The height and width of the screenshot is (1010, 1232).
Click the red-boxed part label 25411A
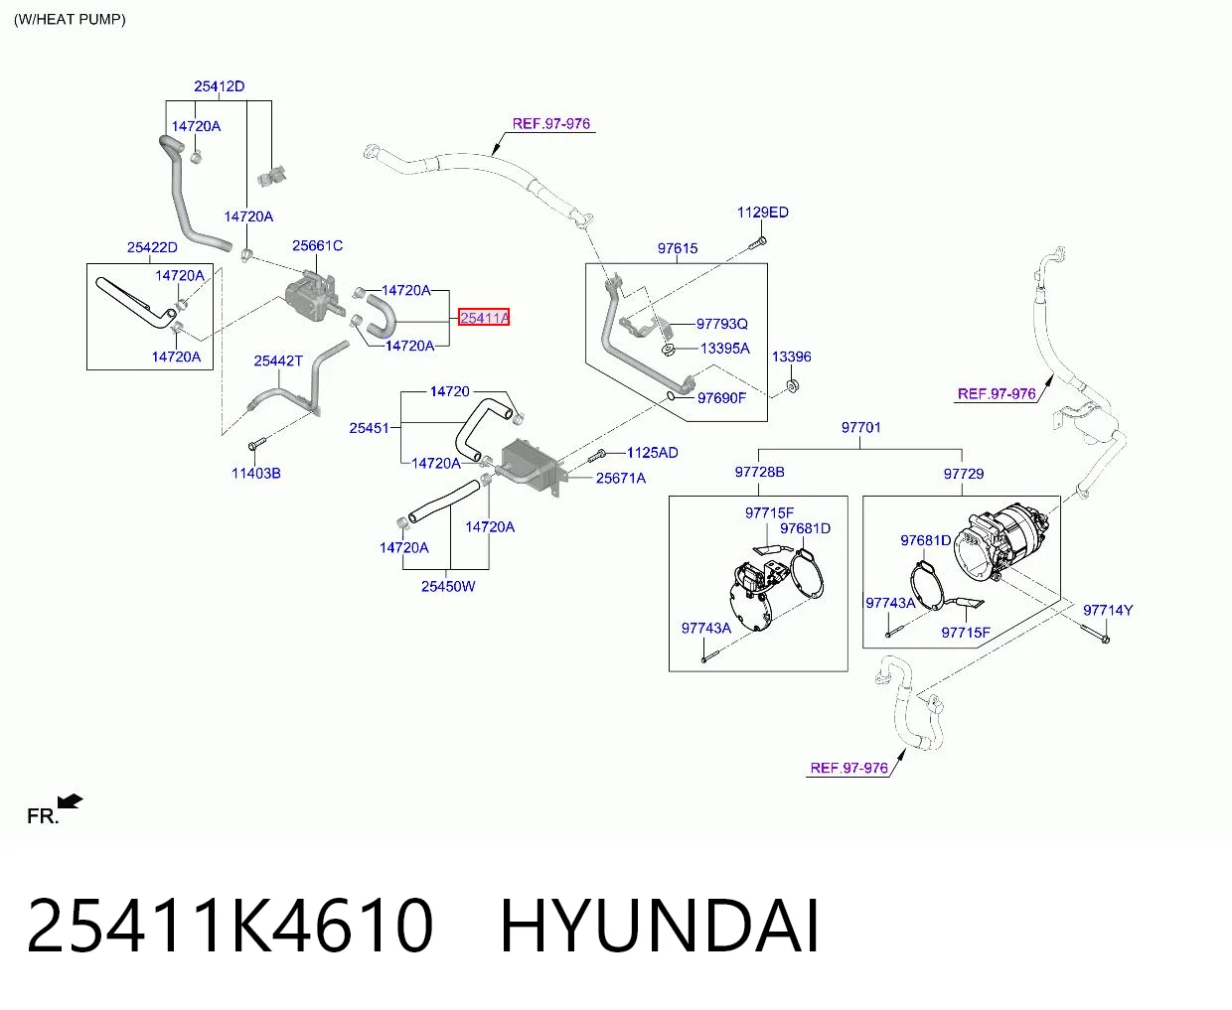point(484,317)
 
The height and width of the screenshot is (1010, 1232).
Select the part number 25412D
point(219,86)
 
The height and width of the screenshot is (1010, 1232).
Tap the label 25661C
point(317,245)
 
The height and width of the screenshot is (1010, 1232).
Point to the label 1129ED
point(762,212)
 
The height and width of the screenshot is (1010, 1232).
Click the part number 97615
point(678,248)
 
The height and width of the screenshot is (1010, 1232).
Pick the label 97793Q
point(722,324)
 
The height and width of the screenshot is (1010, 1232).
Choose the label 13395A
point(725,349)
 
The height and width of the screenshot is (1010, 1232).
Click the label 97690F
point(721,397)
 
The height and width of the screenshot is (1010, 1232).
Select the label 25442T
point(278,361)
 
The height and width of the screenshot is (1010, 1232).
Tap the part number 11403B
point(256,473)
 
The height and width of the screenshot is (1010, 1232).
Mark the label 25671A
point(620,478)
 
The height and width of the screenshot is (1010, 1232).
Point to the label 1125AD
point(653,453)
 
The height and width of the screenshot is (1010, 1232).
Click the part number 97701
point(861,427)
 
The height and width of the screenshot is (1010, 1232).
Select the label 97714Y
point(1108,610)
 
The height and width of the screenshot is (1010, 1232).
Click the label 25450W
point(448,586)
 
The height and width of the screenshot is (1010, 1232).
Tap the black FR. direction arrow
point(71,801)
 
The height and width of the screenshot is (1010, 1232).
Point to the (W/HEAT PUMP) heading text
point(70,19)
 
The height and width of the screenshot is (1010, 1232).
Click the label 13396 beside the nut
point(792,357)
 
